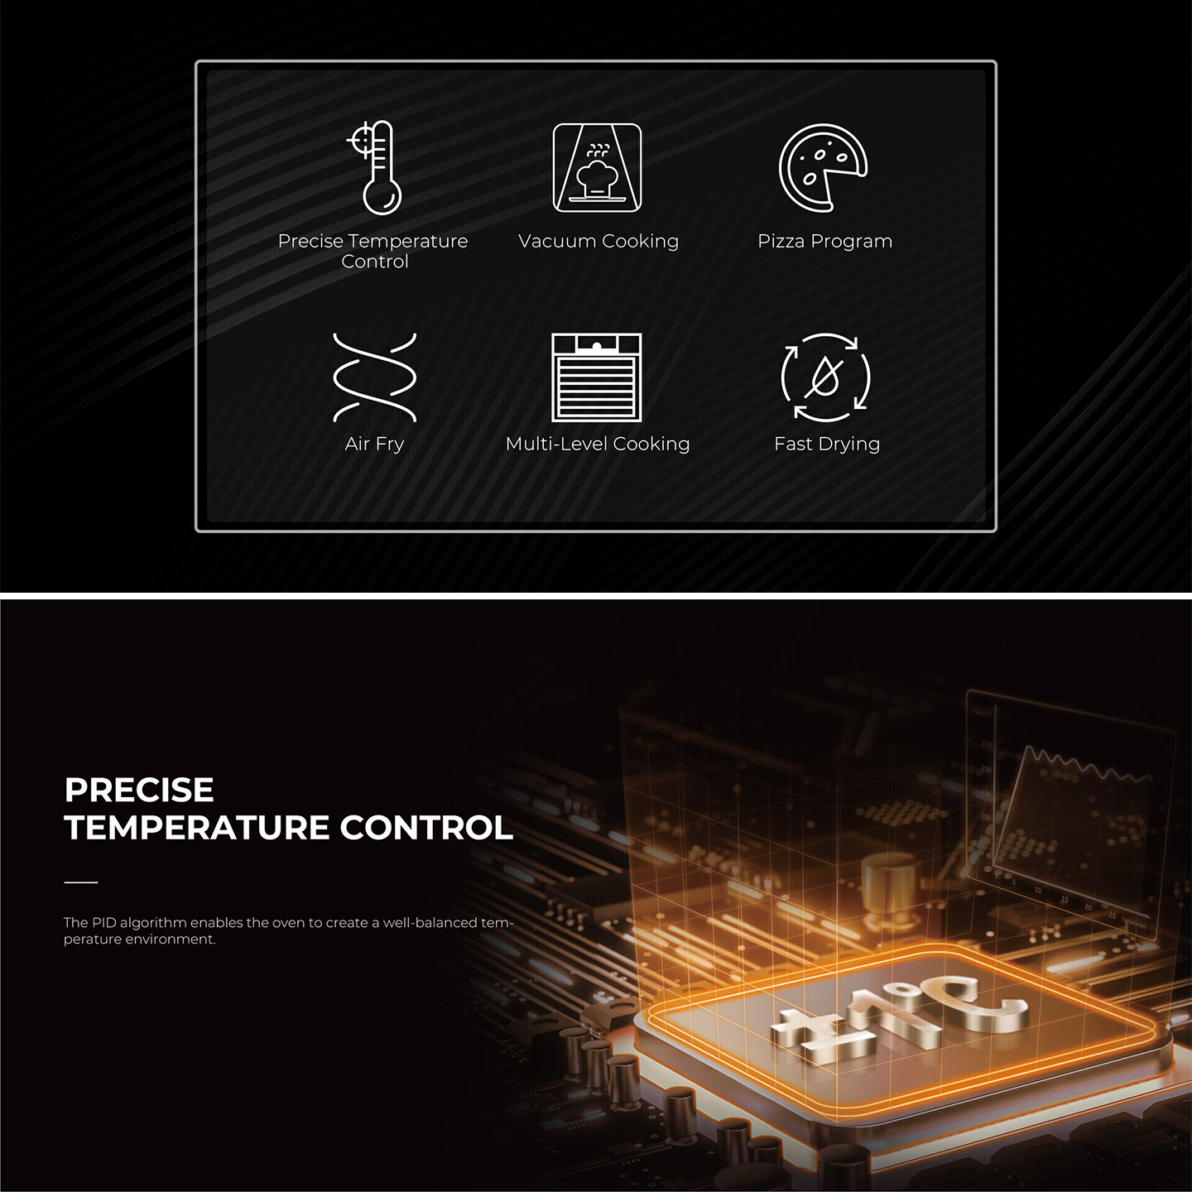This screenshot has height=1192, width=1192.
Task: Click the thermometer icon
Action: [377, 168]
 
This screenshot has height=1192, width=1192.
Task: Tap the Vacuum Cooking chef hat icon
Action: [597, 168]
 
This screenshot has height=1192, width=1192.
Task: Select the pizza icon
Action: [822, 168]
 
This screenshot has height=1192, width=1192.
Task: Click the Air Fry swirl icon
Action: [374, 377]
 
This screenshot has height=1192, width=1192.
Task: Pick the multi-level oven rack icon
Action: [597, 377]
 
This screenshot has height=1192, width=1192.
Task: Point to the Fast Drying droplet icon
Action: [825, 377]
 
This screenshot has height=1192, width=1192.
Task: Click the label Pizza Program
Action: [824, 241]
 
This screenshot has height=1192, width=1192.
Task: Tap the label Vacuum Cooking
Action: [598, 241]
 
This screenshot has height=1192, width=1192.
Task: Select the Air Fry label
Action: [374, 444]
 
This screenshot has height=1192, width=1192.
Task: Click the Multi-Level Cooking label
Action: [597, 444]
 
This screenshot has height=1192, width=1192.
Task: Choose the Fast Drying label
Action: [826, 444]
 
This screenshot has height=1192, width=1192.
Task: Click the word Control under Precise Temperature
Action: [375, 262]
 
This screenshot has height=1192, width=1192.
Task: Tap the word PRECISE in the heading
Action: [139, 790]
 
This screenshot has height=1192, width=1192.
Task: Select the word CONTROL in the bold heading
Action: [426, 828]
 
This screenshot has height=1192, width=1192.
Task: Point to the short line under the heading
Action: [81, 882]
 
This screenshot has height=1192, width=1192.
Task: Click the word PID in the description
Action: [103, 922]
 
